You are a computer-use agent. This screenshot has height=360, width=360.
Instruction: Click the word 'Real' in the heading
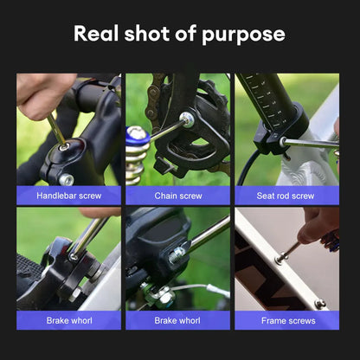94,35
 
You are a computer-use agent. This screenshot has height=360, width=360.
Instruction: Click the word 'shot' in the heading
146,35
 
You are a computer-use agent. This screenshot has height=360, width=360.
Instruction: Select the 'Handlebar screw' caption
68,196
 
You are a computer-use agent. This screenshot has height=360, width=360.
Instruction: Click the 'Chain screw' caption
177,196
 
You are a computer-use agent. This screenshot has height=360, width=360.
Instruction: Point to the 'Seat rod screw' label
286,196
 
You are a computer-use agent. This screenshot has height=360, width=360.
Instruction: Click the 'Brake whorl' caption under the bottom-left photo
68,320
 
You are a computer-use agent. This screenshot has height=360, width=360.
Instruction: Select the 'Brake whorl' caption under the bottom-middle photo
177,320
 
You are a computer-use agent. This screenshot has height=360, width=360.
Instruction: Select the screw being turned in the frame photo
279,257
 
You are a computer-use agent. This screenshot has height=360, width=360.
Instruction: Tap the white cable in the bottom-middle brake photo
208,288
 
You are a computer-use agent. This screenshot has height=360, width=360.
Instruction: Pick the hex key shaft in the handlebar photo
55,130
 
